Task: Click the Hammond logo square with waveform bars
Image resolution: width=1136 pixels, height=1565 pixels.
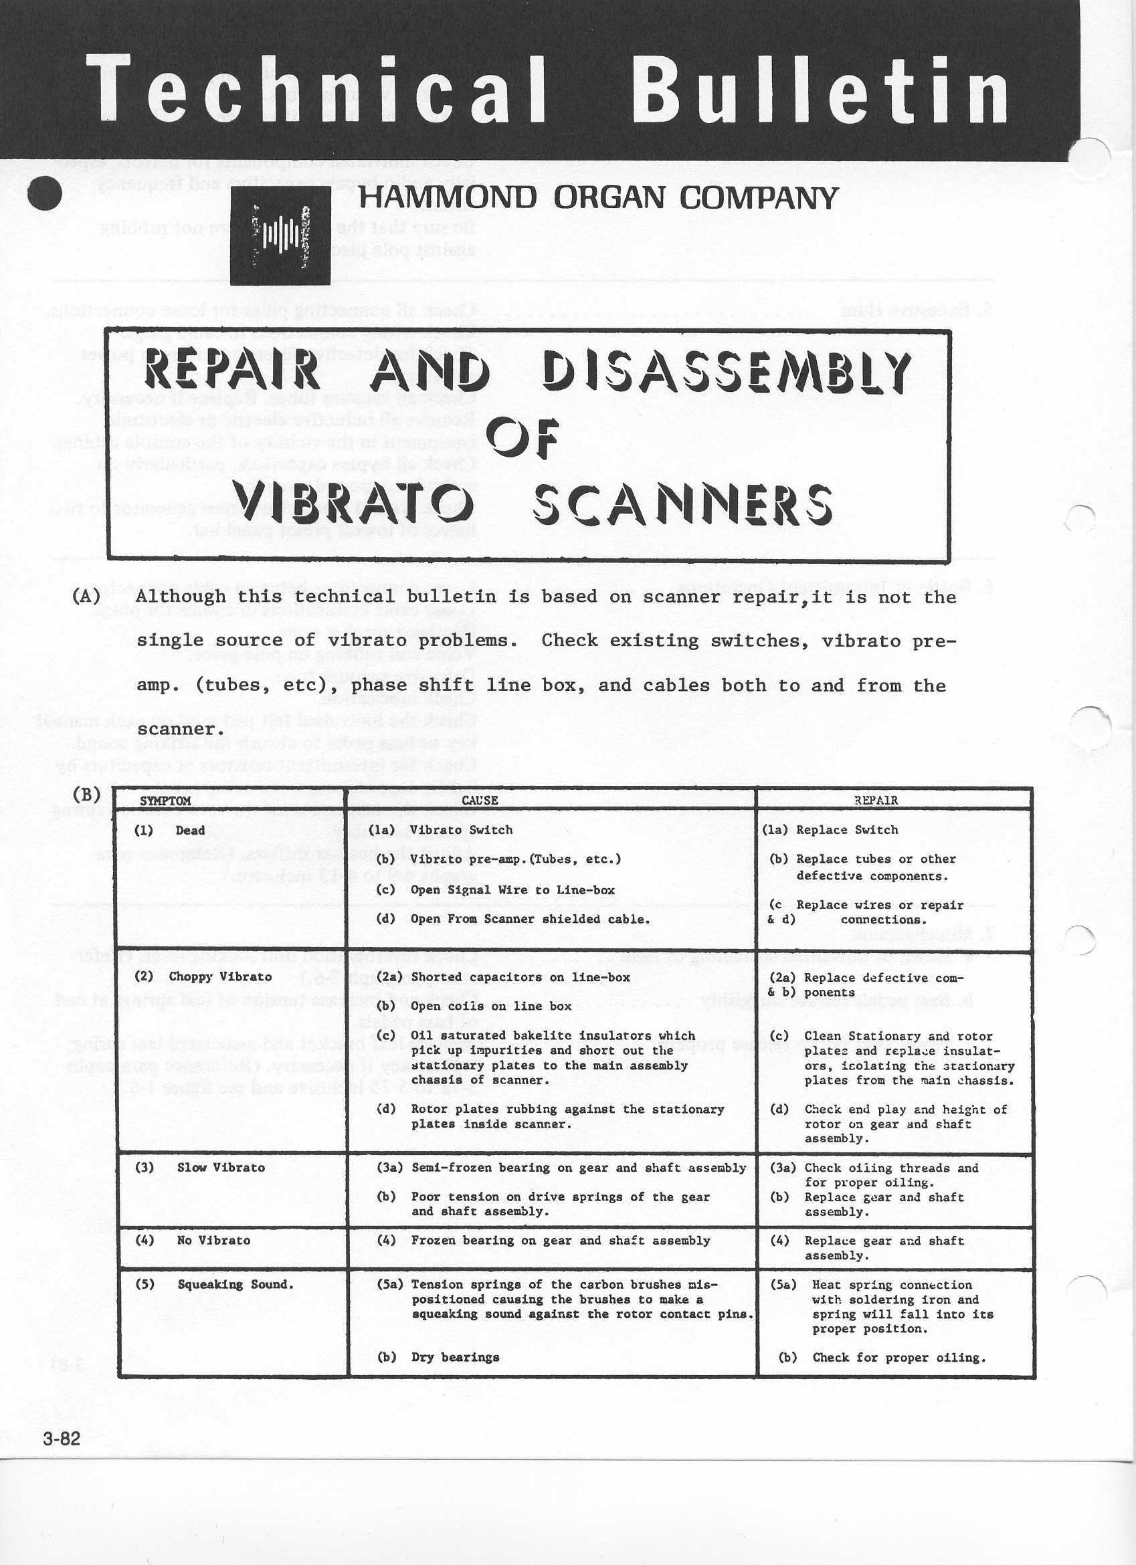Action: (x=280, y=236)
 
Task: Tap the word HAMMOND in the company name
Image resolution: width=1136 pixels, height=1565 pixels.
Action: (x=447, y=198)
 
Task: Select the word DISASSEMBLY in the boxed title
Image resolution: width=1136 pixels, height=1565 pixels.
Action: (x=727, y=372)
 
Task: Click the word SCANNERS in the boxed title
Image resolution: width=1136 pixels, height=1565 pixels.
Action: (x=682, y=504)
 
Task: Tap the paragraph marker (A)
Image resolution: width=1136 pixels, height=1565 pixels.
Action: (x=86, y=596)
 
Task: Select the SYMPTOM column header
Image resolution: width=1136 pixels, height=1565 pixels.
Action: (x=165, y=801)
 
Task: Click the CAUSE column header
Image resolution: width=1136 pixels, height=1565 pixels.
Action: (x=480, y=801)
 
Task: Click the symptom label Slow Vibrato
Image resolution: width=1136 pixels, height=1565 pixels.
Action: (x=221, y=1168)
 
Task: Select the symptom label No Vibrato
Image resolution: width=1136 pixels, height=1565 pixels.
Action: (x=213, y=1240)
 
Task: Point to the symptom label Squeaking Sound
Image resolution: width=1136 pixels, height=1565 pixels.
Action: (x=235, y=1285)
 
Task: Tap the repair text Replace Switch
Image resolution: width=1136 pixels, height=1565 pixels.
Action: (x=847, y=830)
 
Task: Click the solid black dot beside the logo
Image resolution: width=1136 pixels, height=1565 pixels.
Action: (x=45, y=194)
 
